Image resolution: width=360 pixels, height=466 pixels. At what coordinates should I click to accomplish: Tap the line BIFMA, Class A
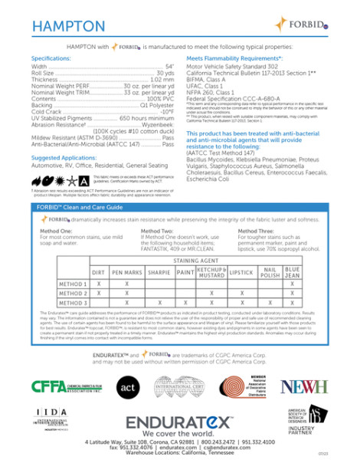click(206, 80)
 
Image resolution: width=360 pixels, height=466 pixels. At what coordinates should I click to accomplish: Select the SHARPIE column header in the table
click(159, 272)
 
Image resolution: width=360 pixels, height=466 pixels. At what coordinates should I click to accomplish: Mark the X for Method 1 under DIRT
click(98, 283)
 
